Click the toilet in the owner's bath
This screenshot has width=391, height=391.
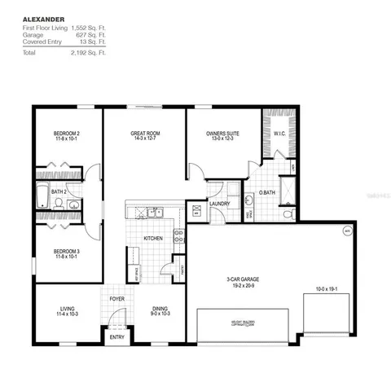pyautogui.click(x=289, y=213)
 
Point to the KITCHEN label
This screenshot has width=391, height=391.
pyautogui.click(x=154, y=239)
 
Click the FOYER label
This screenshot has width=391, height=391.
pyautogui.click(x=116, y=298)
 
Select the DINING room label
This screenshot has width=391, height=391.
pyautogui.click(x=160, y=309)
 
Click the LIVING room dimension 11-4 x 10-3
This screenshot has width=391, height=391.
pyautogui.click(x=67, y=314)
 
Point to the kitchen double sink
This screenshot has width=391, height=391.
pyautogui.click(x=155, y=213)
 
